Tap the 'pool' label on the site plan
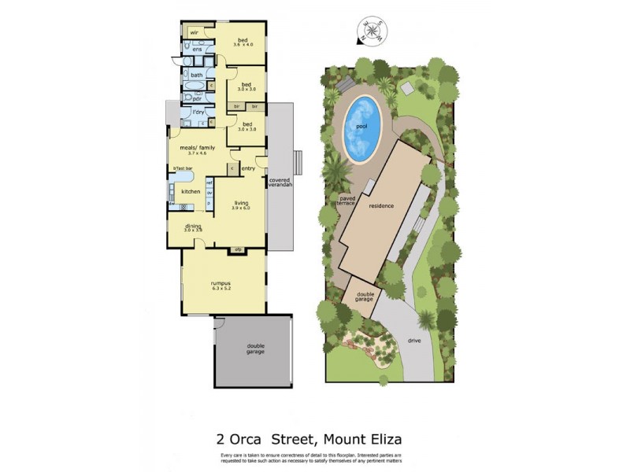tap(362, 125)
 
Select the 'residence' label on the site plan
tap(380, 205)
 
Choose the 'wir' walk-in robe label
tap(193, 32)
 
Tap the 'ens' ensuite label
tap(197, 50)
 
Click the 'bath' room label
tap(196, 76)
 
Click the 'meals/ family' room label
tap(198, 147)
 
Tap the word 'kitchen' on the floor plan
tap(191, 191)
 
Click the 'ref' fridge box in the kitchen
tap(209, 183)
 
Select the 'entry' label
tap(248, 168)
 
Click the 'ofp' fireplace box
tap(238, 250)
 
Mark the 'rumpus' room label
tap(220, 283)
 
